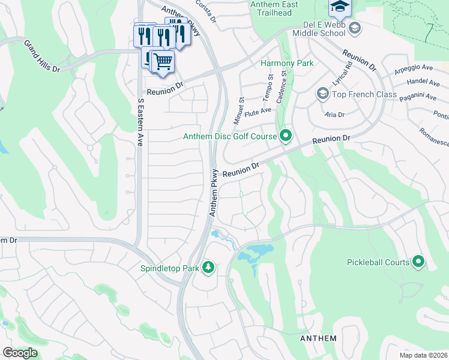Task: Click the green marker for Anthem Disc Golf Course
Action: pyautogui.click(x=286, y=137)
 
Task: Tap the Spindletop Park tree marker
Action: pyautogui.click(x=208, y=268)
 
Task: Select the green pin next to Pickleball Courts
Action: pyautogui.click(x=418, y=262)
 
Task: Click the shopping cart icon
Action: pyautogui.click(x=163, y=61)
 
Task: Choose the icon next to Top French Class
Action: pyautogui.click(x=322, y=94)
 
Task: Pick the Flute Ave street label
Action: pyautogui.click(x=258, y=109)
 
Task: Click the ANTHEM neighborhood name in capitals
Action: pyautogui.click(x=318, y=338)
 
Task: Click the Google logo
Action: pyautogui.click(x=20, y=353)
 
